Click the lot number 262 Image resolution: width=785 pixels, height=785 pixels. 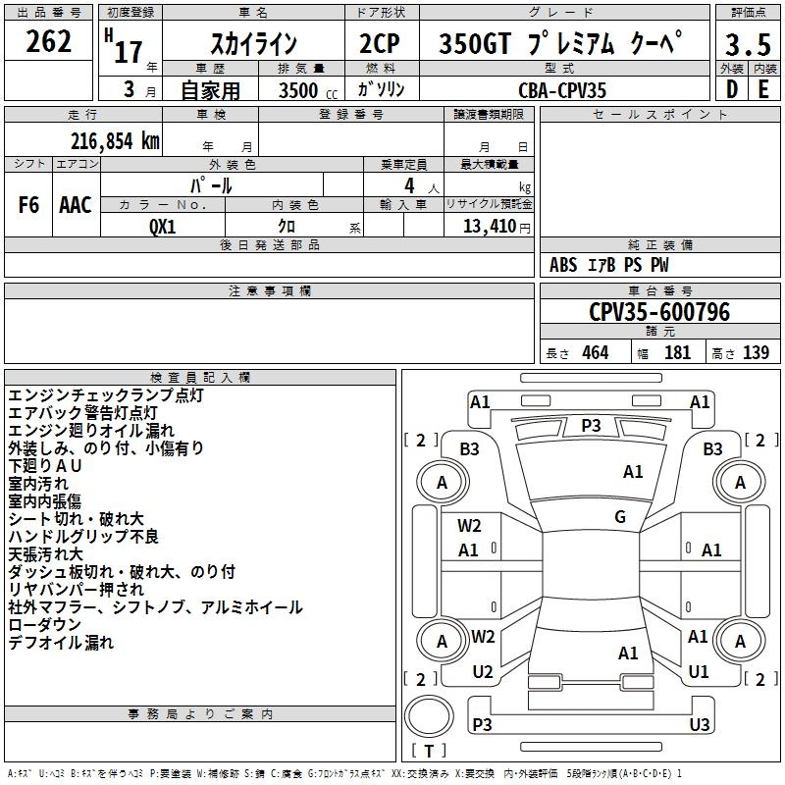49,42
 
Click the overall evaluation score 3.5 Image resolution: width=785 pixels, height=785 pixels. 748,45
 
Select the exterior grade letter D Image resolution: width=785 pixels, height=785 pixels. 731,89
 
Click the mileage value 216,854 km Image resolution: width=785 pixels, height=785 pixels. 115,140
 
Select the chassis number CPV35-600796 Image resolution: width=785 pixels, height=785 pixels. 659,312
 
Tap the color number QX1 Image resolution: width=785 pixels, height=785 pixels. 163,226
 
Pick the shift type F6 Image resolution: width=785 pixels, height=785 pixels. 29,205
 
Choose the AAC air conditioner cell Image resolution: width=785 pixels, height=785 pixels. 76,205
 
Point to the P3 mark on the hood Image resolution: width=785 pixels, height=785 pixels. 591,425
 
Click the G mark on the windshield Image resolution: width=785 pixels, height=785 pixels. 620,517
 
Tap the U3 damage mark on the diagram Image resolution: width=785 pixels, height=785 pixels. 699,724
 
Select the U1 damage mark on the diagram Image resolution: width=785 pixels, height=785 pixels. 699,672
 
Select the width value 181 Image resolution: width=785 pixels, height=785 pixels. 677,352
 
